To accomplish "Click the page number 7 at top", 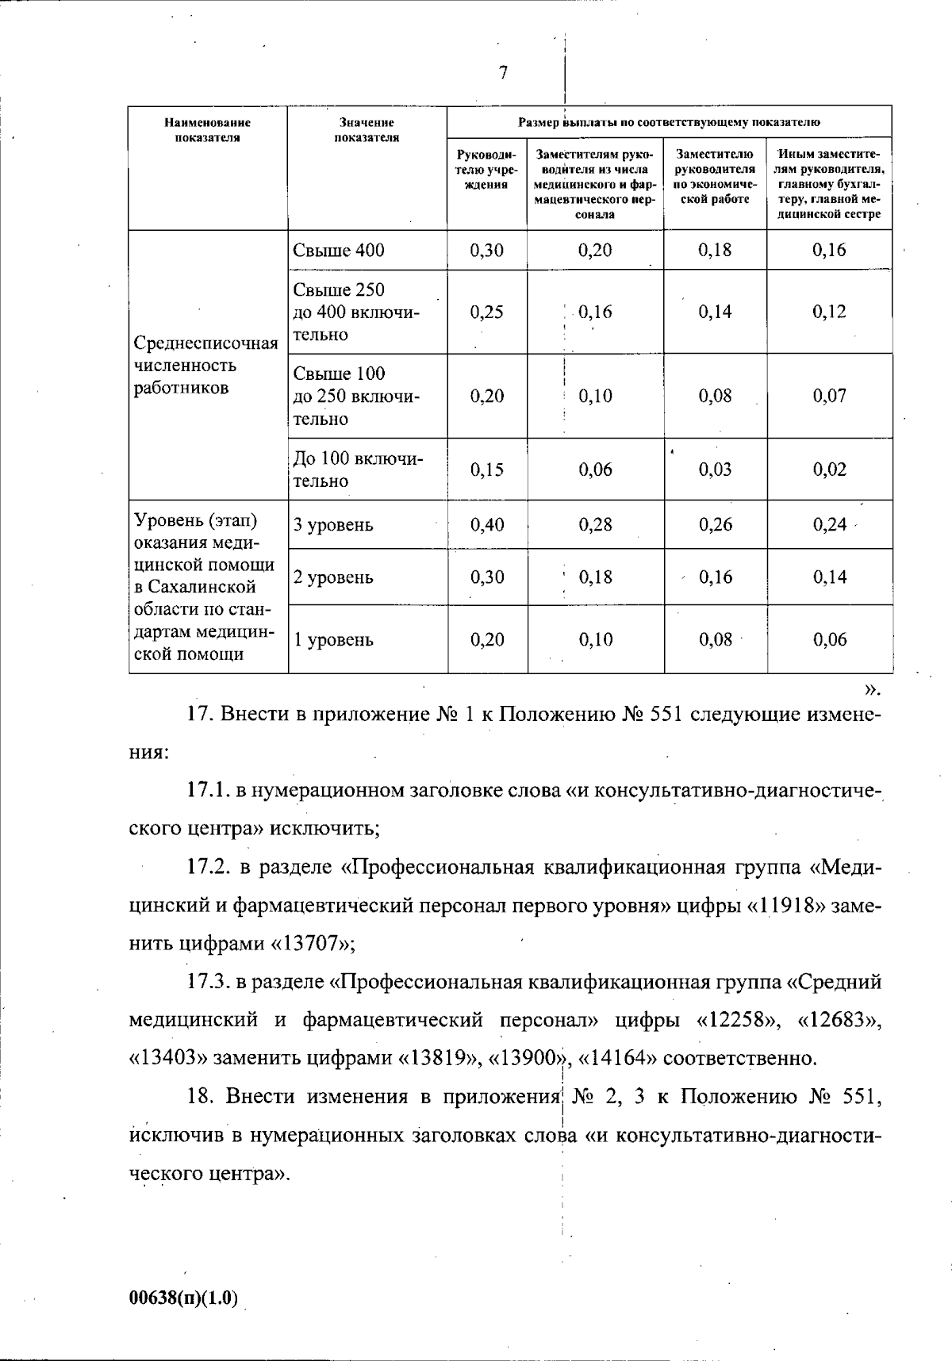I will pyautogui.click(x=503, y=73).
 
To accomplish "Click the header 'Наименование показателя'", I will pyautogui.click(x=207, y=130).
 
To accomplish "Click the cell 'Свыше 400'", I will pyautogui.click(x=339, y=251).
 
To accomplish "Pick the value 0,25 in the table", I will pyautogui.click(x=486, y=312).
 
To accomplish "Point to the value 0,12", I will pyautogui.click(x=829, y=312).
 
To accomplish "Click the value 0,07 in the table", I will pyautogui.click(x=829, y=396).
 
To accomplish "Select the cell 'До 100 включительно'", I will pyautogui.click(x=358, y=470).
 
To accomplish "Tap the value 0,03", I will pyautogui.click(x=715, y=470).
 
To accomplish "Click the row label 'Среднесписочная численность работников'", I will pyautogui.click(x=206, y=366).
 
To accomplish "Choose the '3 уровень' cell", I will pyautogui.click(x=333, y=525).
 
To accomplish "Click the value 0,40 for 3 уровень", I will pyautogui.click(x=486, y=525).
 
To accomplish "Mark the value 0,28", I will pyautogui.click(x=595, y=525).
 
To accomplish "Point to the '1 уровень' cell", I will pyautogui.click(x=333, y=640).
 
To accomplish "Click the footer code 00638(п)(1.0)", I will pyautogui.click(x=182, y=1298).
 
